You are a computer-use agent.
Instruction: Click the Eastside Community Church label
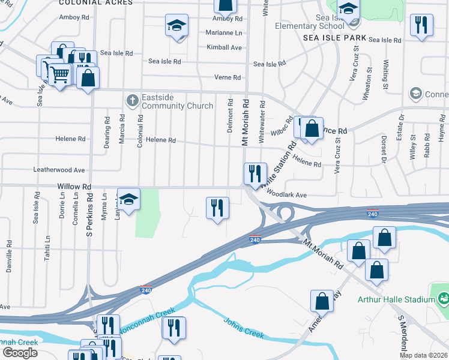pos(177,101)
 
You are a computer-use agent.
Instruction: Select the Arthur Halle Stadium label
pos(396,300)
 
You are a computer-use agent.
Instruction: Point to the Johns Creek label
pos(244,327)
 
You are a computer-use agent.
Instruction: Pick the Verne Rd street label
pos(228,77)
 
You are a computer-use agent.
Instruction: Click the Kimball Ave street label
pos(224,47)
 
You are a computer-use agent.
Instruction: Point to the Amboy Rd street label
pos(74,17)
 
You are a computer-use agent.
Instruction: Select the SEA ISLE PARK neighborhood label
pos(334,37)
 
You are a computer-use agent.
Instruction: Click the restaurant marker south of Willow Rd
pos(217,208)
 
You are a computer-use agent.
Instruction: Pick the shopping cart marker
pos(59,74)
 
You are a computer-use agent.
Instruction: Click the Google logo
pos(20,352)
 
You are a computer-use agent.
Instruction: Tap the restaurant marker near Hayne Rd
pos(421,25)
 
